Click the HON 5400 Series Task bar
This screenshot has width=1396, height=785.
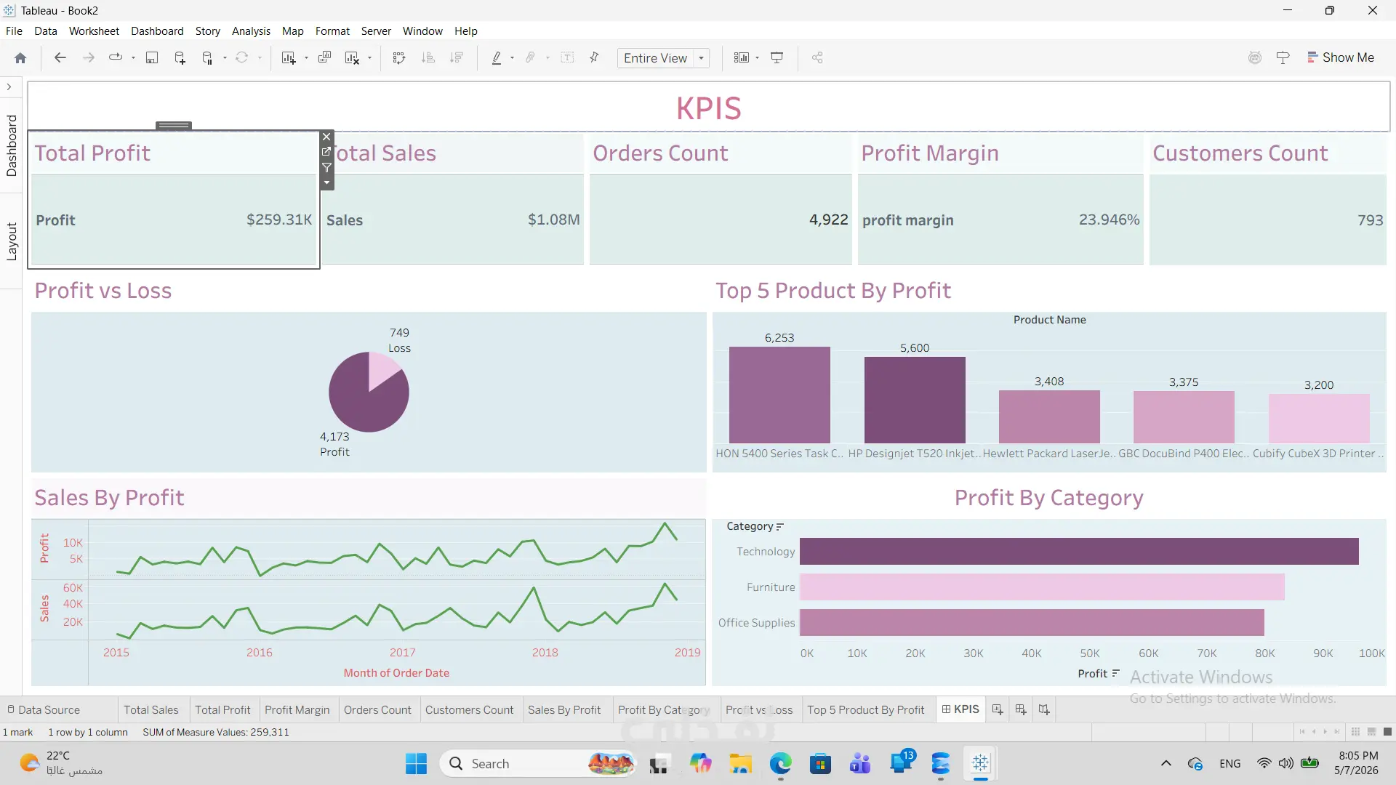click(x=779, y=395)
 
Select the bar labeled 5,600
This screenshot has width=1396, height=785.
click(x=915, y=400)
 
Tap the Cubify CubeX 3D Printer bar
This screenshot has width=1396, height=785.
click(x=1319, y=419)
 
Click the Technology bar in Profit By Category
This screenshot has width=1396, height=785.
click(x=1079, y=552)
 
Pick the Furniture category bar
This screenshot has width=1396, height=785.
click(x=1042, y=587)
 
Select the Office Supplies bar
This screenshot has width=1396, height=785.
click(x=1032, y=623)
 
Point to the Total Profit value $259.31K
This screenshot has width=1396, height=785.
click(x=279, y=220)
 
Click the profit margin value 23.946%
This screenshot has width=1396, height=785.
click(x=1109, y=220)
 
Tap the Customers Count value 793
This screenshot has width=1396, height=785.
click(x=1371, y=220)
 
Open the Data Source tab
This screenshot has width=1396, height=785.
click(x=44, y=710)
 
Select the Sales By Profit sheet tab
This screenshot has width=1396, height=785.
click(x=564, y=710)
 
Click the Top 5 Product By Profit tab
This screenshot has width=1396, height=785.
click(x=865, y=710)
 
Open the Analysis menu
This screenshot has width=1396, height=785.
click(x=251, y=31)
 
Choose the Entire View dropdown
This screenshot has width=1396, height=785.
click(x=663, y=58)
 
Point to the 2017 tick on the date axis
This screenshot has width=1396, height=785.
click(x=402, y=653)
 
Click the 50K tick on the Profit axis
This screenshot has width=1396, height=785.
click(x=1090, y=653)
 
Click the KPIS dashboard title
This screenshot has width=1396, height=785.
click(x=709, y=108)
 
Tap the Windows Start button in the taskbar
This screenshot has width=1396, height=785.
click(x=416, y=764)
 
